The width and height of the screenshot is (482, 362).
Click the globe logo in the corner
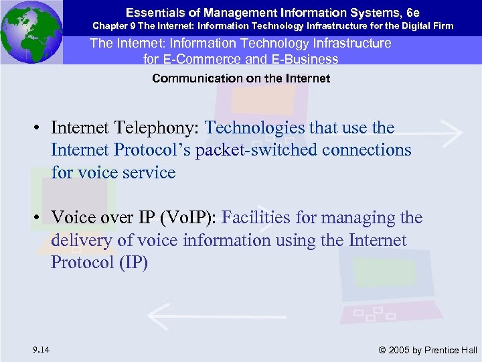pyautogui.click(x=31, y=32)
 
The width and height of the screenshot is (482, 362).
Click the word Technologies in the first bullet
pyautogui.click(x=254, y=127)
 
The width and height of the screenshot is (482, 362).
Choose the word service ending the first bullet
pyautogui.click(x=145, y=172)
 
